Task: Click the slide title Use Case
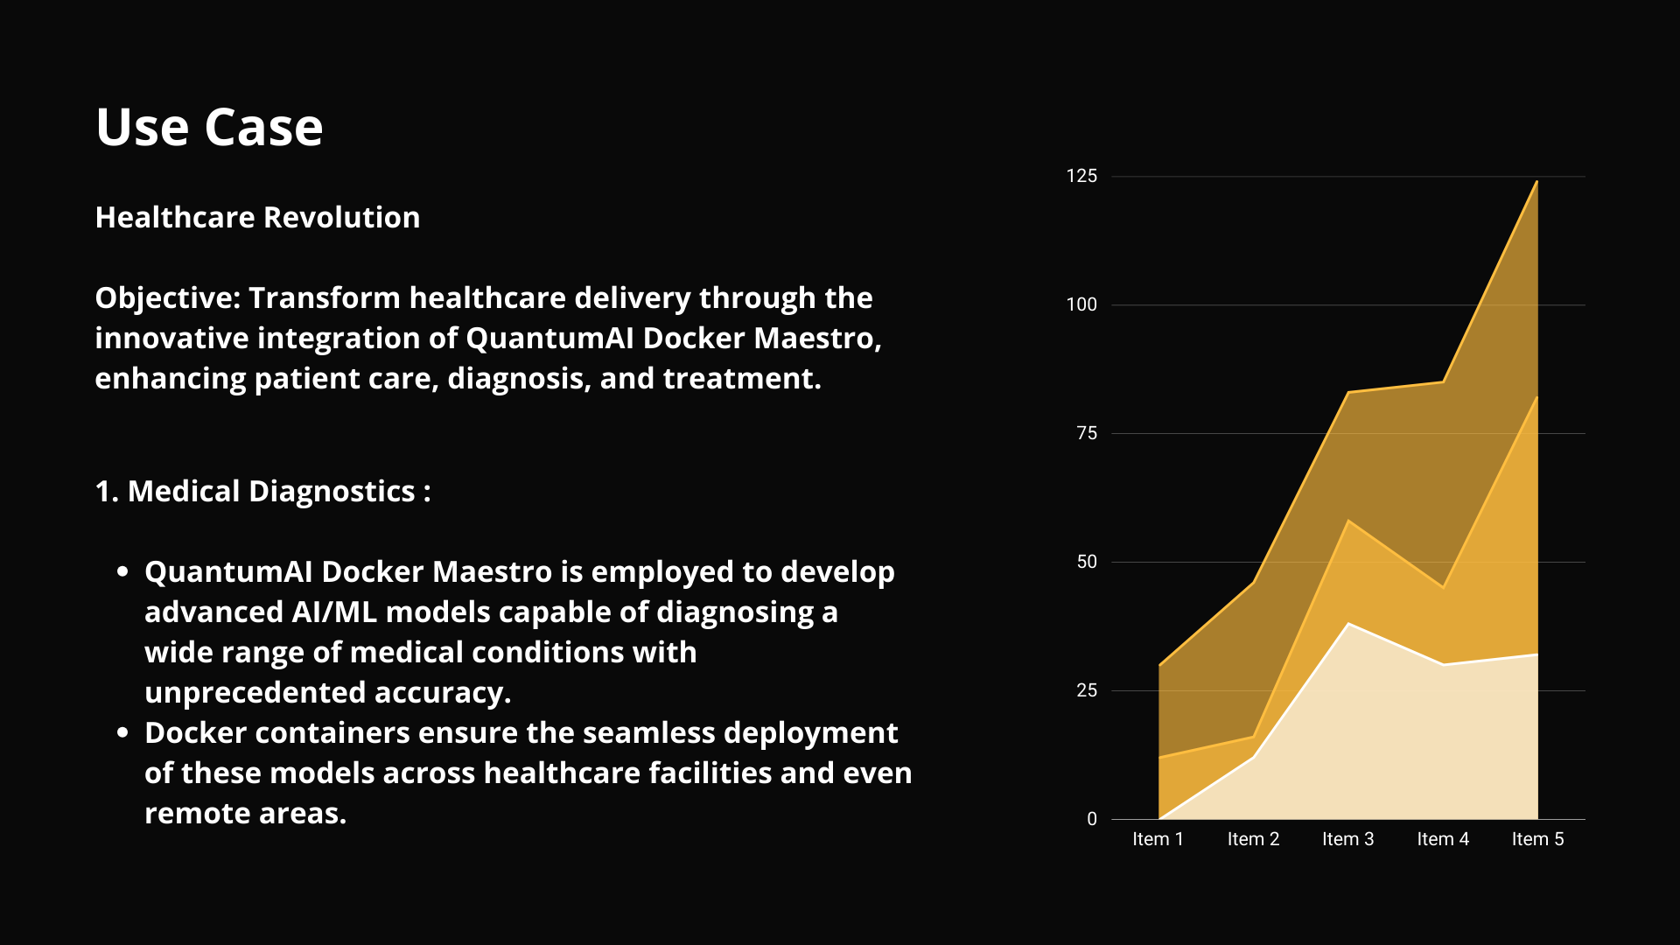pyautogui.click(x=209, y=128)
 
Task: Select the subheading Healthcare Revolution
pyautogui.click(x=257, y=218)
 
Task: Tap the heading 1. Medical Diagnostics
pyautogui.click(x=262, y=492)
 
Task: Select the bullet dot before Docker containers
pyautogui.click(x=122, y=732)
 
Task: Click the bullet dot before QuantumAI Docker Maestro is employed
pyautogui.click(x=122, y=572)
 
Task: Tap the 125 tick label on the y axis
pyautogui.click(x=1081, y=177)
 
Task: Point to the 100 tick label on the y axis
pyautogui.click(x=1081, y=305)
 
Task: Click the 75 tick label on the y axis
pyautogui.click(x=1086, y=434)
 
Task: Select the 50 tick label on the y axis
pyautogui.click(x=1086, y=563)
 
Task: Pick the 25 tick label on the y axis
pyautogui.click(x=1086, y=691)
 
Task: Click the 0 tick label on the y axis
pyautogui.click(x=1091, y=820)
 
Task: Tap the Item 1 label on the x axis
pyautogui.click(x=1158, y=840)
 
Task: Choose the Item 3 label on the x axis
pyautogui.click(x=1347, y=840)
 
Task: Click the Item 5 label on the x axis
pyautogui.click(x=1537, y=840)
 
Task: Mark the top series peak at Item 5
pyautogui.click(x=1536, y=182)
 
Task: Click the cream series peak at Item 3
pyautogui.click(x=1348, y=624)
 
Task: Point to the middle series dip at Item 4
pyautogui.click(x=1443, y=587)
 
